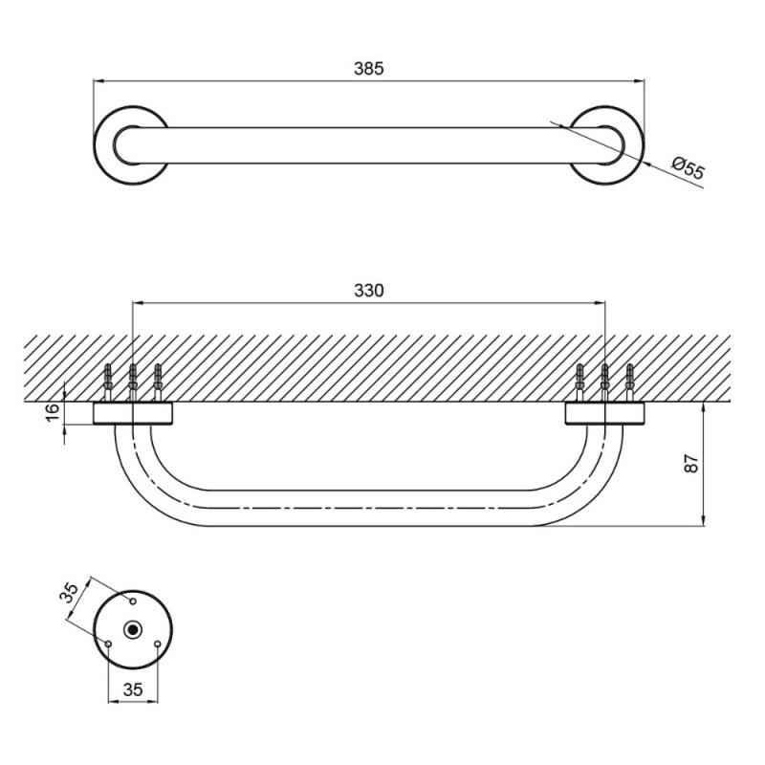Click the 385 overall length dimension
(369, 68)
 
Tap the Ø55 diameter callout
(688, 167)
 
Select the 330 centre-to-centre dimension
(369, 291)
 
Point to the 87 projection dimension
(691, 463)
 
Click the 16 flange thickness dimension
(54, 413)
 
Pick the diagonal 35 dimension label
(69, 594)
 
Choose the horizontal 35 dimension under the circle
(133, 689)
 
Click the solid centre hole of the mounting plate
(132, 630)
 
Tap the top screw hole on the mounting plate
(132, 601)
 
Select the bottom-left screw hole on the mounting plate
(108, 644)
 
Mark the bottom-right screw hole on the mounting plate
(157, 644)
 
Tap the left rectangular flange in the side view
(133, 414)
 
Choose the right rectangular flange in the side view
(605, 414)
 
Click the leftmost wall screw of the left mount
(108, 382)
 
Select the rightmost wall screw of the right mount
(629, 382)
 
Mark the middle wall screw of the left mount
(132, 382)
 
